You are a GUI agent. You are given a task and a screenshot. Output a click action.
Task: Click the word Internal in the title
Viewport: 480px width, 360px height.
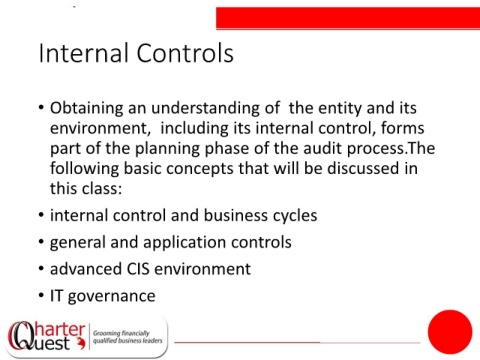tap(84, 53)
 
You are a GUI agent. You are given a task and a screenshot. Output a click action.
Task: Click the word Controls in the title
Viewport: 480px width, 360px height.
tap(185, 53)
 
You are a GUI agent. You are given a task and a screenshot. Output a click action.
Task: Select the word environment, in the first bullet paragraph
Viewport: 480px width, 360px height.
tap(100, 129)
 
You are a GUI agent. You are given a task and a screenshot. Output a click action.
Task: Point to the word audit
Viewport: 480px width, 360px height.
tap(323, 148)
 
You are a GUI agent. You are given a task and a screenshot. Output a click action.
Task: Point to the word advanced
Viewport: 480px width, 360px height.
tap(85, 269)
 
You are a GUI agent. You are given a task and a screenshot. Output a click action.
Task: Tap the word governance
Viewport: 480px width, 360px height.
tap(112, 297)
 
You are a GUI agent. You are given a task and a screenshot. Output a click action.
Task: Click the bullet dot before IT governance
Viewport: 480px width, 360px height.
tap(41, 295)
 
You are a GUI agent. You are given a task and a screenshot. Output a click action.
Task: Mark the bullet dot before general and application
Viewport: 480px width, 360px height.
tap(41, 241)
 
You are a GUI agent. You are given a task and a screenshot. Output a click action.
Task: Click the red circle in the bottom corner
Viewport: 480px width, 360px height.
tap(450, 332)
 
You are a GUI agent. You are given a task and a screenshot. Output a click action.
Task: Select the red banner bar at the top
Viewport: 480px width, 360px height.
tap(348, 18)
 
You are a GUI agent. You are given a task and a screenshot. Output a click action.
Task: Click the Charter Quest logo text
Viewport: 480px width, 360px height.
tap(47, 336)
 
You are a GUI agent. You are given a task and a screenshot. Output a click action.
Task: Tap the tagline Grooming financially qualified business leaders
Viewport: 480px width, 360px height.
tap(127, 337)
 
